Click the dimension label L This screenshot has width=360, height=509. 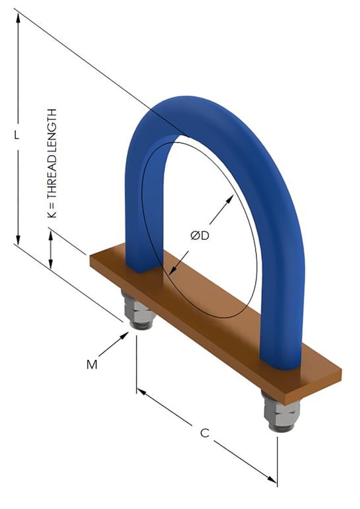[19, 134]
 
